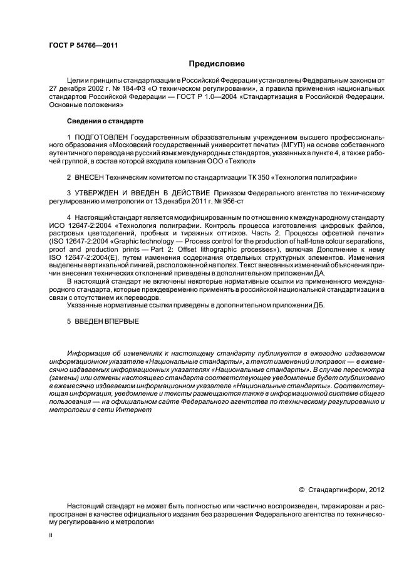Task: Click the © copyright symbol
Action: (302, 490)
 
